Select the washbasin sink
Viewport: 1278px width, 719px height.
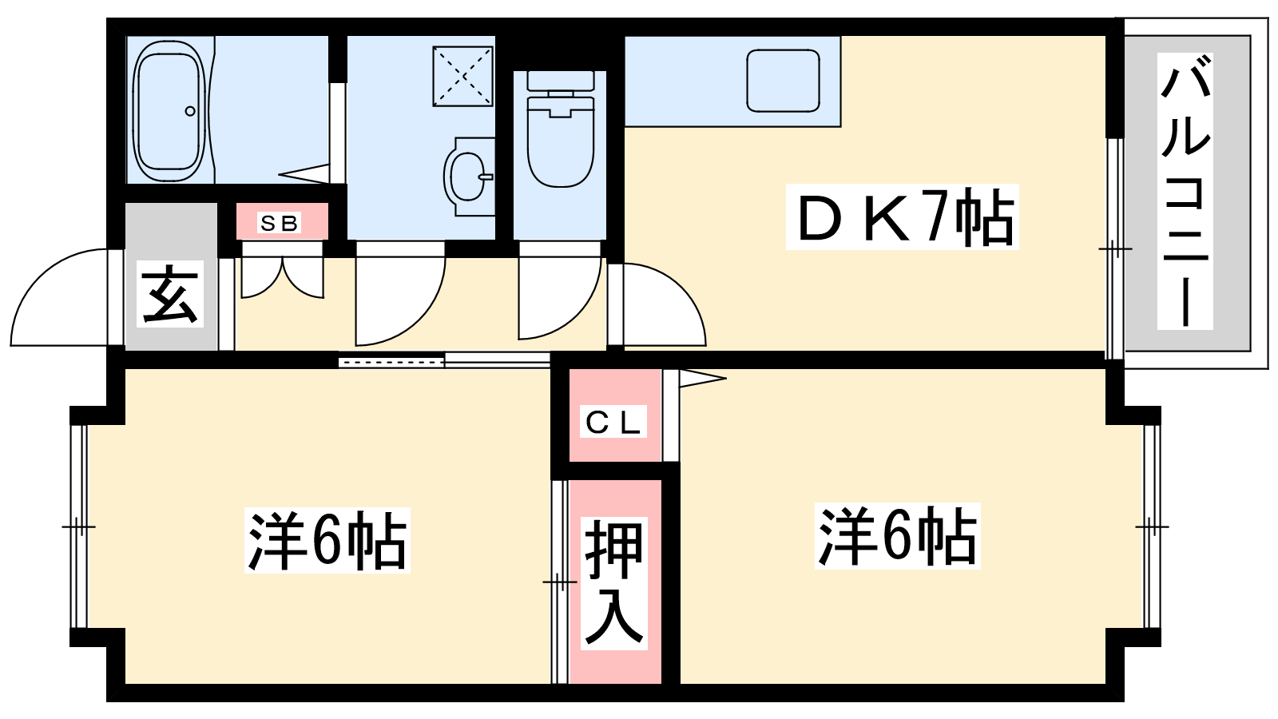pyautogui.click(x=467, y=176)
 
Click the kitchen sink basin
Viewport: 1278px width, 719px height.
pyautogui.click(x=784, y=81)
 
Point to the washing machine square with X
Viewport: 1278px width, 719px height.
pyautogui.click(x=462, y=76)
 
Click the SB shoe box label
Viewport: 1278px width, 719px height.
pyautogui.click(x=280, y=223)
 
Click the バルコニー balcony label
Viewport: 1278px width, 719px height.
pyautogui.click(x=1185, y=192)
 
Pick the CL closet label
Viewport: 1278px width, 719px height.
pyautogui.click(x=613, y=423)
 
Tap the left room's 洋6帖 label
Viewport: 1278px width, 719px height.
pyautogui.click(x=327, y=540)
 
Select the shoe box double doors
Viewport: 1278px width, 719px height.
pyautogui.click(x=282, y=276)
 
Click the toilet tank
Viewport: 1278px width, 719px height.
pyautogui.click(x=561, y=81)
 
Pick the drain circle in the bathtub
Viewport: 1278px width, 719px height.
pyautogui.click(x=190, y=111)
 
